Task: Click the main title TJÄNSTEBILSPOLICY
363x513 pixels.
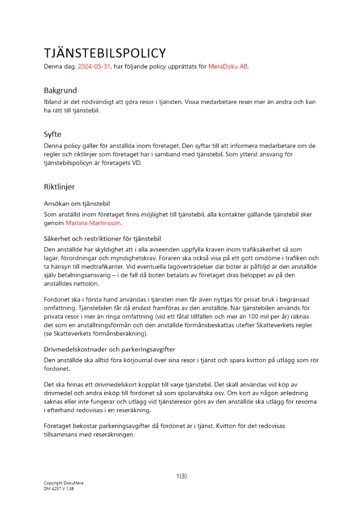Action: tap(105, 53)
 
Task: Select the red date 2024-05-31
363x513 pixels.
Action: tap(94, 67)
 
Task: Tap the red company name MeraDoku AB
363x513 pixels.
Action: tap(228, 67)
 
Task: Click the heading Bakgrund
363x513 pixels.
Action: tap(60, 90)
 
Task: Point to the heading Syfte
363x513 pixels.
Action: tap(52, 134)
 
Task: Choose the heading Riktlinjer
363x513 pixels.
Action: tap(59, 187)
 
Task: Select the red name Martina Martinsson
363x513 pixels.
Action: tap(93, 223)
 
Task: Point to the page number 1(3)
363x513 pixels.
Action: tap(181, 476)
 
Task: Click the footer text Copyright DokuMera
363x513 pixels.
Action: tap(63, 483)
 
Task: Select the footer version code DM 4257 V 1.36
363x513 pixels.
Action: tap(59, 489)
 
